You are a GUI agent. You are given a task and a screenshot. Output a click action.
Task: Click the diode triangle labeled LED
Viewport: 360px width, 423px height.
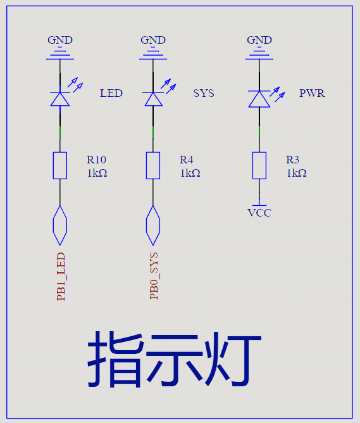60,99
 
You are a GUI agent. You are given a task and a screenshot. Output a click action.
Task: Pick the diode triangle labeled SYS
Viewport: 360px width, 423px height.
153,99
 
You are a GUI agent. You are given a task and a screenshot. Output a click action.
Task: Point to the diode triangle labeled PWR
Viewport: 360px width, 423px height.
259,99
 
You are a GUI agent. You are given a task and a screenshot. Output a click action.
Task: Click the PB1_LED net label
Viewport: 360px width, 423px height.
61,277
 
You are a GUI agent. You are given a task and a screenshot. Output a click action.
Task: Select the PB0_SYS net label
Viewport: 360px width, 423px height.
154,275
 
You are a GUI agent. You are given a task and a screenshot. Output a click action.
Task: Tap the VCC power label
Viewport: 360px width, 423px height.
259,213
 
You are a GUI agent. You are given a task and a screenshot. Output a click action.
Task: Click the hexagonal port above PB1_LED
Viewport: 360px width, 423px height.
60,225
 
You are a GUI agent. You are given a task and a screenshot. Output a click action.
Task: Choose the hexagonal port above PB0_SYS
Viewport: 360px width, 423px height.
153,225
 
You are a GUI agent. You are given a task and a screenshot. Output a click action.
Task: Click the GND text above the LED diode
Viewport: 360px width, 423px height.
60,40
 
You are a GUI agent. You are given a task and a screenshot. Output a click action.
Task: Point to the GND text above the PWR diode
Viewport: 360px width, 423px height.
259,40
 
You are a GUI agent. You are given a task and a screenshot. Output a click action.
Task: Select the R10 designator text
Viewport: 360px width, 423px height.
96,160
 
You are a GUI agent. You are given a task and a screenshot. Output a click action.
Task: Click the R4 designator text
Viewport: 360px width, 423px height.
186,160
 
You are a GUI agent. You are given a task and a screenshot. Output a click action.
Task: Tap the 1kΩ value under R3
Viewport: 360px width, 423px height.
296,173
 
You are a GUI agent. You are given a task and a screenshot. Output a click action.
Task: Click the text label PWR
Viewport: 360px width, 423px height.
312,93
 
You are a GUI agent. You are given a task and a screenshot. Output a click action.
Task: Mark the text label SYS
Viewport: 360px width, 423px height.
204,93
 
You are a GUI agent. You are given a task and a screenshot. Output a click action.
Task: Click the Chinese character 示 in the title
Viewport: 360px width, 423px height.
175,359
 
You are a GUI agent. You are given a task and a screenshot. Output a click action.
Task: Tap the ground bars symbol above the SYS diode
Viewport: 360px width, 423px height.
153,53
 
